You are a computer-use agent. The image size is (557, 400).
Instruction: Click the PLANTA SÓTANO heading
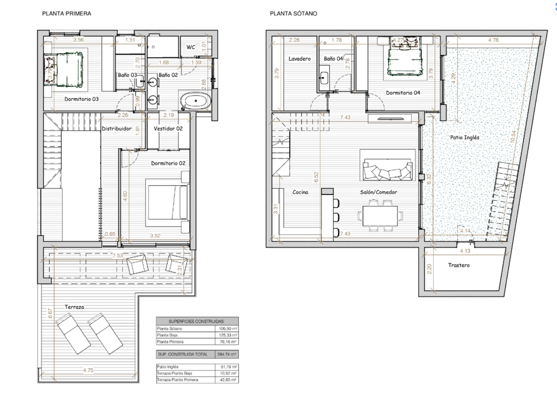coord(293,14)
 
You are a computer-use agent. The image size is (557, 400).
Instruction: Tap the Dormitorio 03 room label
coord(81,99)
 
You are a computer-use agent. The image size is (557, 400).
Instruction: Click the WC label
coord(190,47)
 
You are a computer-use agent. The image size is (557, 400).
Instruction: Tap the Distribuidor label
coord(118,129)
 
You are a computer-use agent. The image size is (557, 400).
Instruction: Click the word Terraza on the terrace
coord(75,307)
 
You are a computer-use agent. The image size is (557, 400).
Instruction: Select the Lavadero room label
coord(300,59)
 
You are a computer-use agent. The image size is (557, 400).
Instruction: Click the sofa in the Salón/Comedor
coord(388,169)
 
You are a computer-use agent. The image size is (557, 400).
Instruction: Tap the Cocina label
coord(300,192)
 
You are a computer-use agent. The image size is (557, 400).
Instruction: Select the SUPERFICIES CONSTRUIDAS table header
coord(196,321)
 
